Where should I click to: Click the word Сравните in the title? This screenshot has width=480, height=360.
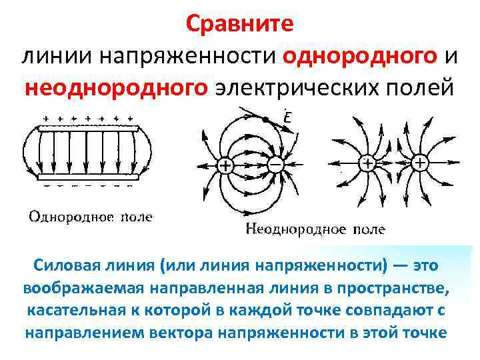[x=239, y=25]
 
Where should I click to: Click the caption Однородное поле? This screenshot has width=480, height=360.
[x=90, y=217]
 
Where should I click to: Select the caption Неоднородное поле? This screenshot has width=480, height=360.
[x=315, y=230]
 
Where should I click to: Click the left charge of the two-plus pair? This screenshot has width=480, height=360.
[x=367, y=163]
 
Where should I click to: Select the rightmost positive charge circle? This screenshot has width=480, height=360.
[x=419, y=163]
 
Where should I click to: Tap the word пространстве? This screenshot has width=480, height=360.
[x=405, y=289]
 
